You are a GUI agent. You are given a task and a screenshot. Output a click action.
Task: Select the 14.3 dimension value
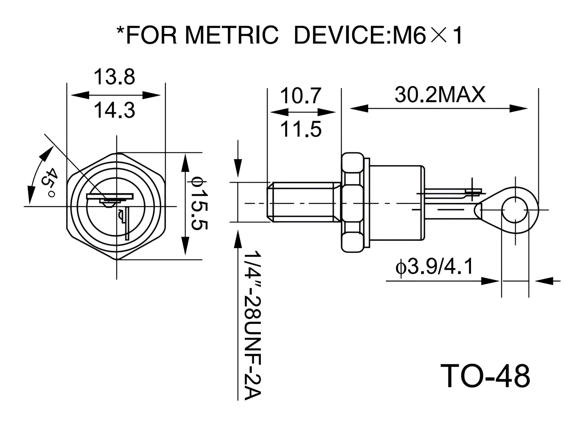tap(115, 110)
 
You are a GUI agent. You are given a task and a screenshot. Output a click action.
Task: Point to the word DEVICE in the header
tap(339, 36)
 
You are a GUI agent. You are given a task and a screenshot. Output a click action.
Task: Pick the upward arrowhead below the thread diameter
tap(238, 239)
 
